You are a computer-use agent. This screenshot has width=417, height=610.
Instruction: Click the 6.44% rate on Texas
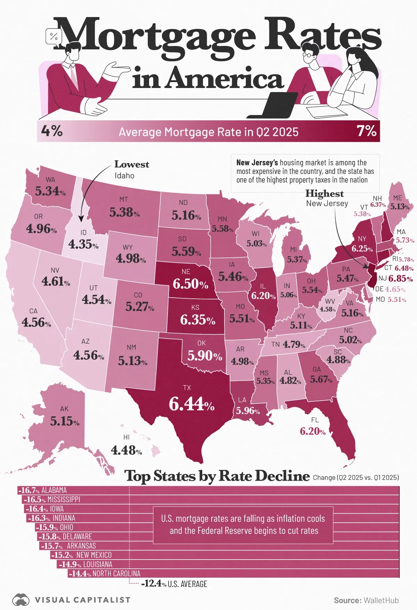191,404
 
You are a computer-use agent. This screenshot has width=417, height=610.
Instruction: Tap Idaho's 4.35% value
83,244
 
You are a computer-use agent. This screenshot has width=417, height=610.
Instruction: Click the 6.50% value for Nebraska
190,284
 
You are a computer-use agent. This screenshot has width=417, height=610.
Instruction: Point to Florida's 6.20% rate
313,431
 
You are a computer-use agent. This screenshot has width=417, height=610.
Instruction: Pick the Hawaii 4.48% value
126,450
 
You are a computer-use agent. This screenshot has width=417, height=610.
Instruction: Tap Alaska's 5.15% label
65,421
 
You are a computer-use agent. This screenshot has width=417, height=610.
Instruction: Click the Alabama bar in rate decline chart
208,490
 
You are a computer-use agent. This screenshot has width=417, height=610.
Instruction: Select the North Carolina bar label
105,573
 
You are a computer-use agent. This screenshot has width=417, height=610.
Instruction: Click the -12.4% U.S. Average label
174,584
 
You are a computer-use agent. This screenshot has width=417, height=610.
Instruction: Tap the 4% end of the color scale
52,131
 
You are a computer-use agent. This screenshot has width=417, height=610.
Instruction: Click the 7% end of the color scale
366,131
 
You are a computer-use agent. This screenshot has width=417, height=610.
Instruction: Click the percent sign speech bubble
54,36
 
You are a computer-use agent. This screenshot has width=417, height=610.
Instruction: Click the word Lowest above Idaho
132,164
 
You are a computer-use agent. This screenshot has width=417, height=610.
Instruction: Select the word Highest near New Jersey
324,193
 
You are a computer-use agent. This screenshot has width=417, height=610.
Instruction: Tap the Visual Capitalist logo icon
21,600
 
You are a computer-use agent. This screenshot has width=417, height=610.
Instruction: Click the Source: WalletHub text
366,600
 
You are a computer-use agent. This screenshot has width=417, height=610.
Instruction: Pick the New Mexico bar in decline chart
208,555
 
